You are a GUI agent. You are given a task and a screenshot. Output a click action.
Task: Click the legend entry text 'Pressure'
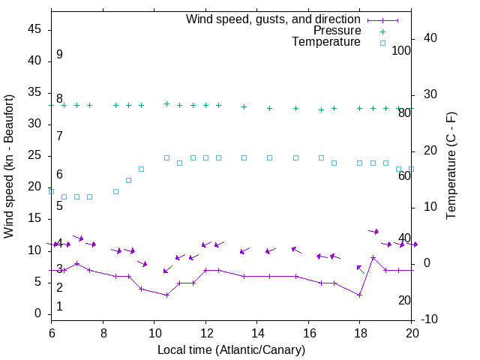337,31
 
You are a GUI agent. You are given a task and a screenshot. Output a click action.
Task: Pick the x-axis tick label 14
256,334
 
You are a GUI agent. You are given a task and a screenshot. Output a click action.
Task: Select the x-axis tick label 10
154,334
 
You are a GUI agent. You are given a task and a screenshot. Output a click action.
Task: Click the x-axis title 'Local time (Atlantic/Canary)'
231,349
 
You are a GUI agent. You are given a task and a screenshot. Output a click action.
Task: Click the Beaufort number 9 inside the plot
59,55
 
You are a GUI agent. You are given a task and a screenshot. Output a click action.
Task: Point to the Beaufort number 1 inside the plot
59,307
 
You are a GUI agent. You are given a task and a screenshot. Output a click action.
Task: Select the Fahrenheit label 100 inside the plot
401,51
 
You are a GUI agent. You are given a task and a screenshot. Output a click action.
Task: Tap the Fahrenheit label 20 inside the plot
404,301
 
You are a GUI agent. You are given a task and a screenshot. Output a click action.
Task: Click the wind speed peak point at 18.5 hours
373,257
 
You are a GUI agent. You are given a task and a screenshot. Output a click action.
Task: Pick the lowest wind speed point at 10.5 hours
166,295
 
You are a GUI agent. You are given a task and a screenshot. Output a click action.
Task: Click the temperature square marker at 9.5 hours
141,169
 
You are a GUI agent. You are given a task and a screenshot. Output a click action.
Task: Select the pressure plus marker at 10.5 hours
166,104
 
